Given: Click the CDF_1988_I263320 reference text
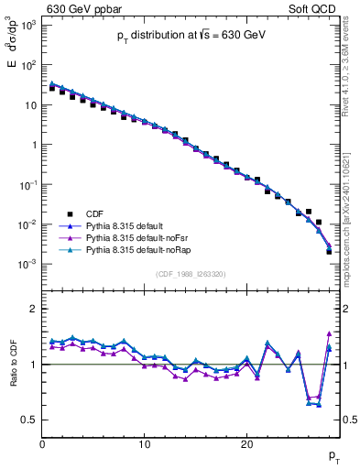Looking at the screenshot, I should coord(191,273).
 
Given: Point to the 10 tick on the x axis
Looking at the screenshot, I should coord(144,445).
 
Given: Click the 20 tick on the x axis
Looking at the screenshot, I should coord(246,445).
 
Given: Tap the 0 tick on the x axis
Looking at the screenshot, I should coord(42,445).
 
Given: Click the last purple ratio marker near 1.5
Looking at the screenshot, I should coord(328,333).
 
